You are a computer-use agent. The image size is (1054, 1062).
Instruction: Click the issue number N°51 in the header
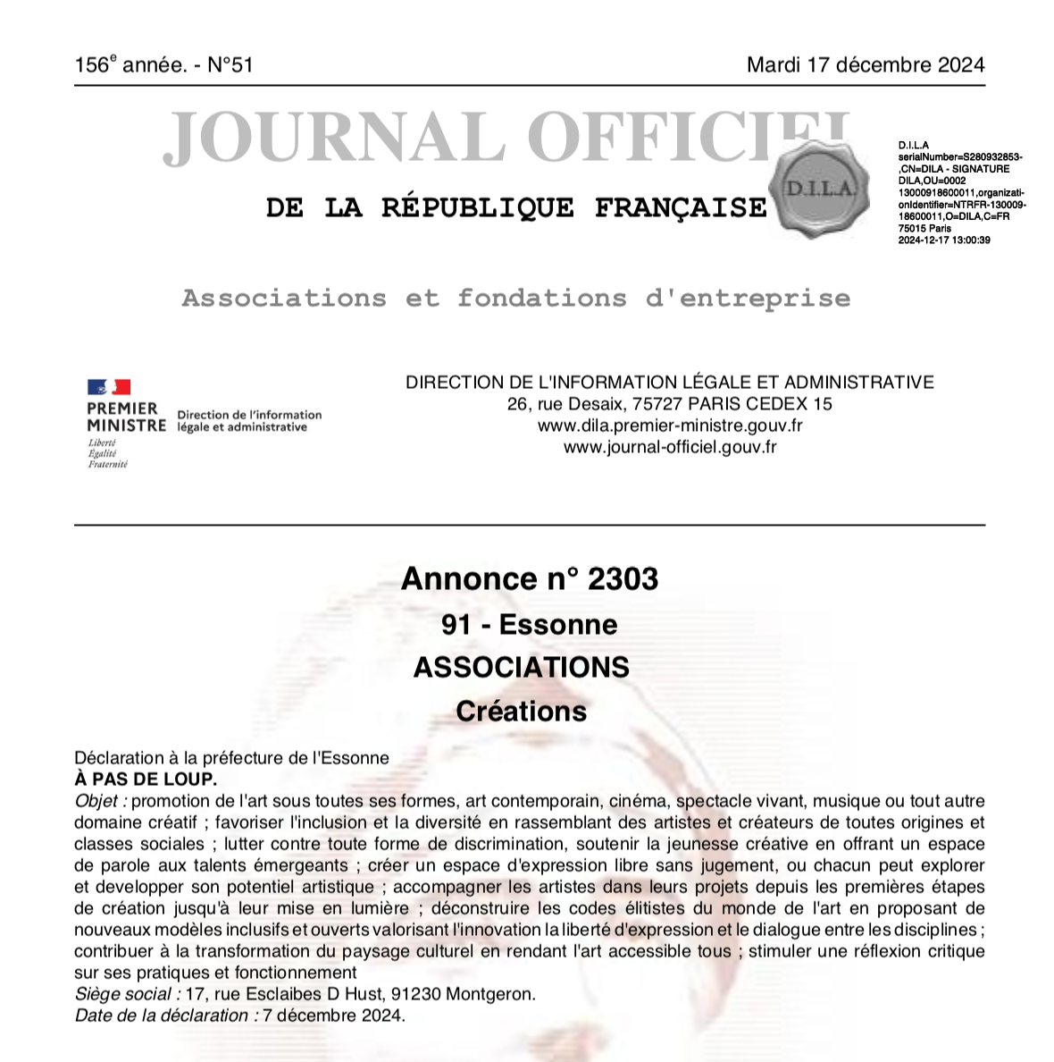(x=230, y=65)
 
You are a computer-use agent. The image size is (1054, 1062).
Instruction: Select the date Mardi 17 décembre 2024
(x=866, y=65)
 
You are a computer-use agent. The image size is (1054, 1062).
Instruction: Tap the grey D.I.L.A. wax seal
(x=819, y=190)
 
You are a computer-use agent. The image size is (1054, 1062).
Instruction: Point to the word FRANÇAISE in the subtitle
(x=681, y=208)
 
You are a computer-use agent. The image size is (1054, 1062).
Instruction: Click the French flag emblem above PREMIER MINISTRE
(x=109, y=387)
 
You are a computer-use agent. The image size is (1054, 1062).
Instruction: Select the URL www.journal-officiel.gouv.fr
(x=670, y=447)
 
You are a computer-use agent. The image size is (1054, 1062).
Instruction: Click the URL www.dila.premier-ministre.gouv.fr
(x=670, y=426)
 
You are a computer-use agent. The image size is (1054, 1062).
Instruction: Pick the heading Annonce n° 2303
(x=530, y=579)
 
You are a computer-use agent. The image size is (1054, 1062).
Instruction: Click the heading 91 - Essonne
(x=529, y=624)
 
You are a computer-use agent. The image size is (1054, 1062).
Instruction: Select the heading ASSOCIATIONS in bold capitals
(x=522, y=668)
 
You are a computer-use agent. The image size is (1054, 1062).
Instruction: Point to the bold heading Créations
(x=522, y=712)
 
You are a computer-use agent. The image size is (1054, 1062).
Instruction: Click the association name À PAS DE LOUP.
(x=146, y=780)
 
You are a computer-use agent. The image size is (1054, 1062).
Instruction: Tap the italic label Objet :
(x=100, y=801)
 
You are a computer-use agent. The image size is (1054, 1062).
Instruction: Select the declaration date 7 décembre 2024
(x=333, y=1016)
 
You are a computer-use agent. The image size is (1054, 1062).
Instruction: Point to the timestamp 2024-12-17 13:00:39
(x=944, y=240)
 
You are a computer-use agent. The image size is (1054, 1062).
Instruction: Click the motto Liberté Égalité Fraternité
(x=107, y=453)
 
